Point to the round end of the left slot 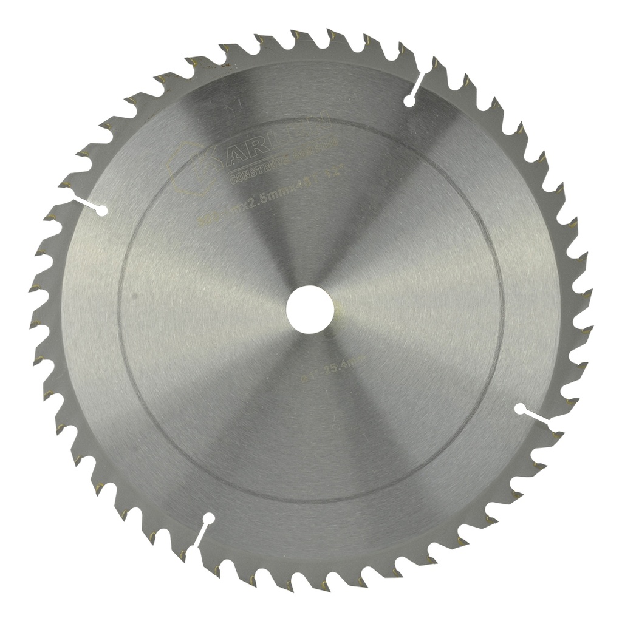tap(103, 211)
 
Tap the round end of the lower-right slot tap(520, 409)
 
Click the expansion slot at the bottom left tap(200, 532)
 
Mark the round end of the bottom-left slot tap(209, 519)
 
